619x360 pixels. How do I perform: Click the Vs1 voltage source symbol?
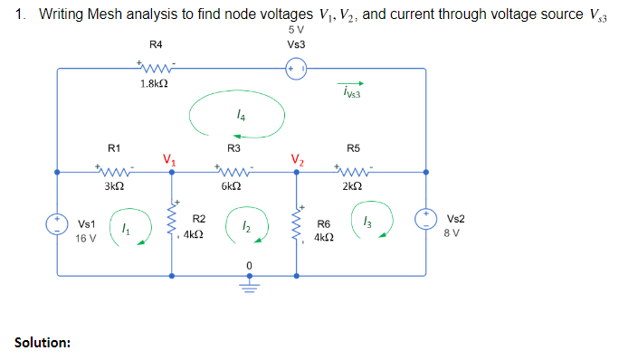tap(57, 223)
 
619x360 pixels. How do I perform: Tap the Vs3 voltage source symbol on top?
tap(296, 69)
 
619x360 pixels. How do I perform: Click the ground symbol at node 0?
tap(248, 283)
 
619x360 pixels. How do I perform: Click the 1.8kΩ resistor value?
tap(153, 83)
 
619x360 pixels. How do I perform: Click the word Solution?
tap(43, 342)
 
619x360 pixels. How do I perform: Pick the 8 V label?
tap(455, 232)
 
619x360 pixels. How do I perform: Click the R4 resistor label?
tap(155, 44)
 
